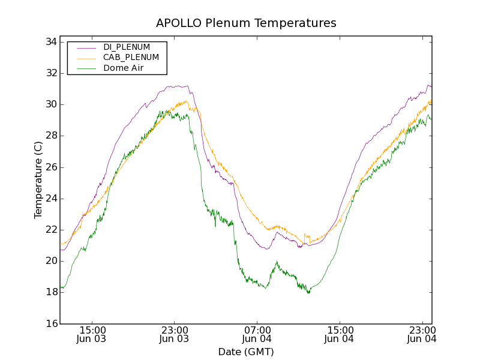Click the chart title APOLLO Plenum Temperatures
tap(246, 23)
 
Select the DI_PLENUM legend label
tap(127, 47)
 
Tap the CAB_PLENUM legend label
tap(131, 58)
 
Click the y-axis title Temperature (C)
tap(38, 180)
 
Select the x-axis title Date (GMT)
tap(246, 352)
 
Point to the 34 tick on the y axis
tap(50, 42)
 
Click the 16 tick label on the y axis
tap(50, 323)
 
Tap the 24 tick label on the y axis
tap(50, 199)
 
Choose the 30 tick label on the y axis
tap(50, 104)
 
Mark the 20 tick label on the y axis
tap(50, 261)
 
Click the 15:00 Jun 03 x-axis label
tap(92, 334)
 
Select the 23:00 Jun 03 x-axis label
tap(174, 334)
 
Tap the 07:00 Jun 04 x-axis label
tap(257, 334)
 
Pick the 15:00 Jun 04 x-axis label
tap(340, 334)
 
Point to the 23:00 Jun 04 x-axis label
tap(422, 334)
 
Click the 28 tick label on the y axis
tap(50, 136)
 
